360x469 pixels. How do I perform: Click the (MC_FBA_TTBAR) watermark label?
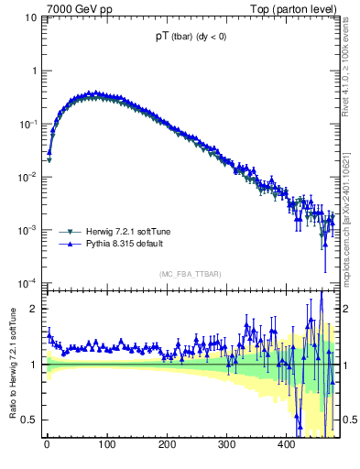[192, 275]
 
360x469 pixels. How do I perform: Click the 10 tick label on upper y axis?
[29, 17]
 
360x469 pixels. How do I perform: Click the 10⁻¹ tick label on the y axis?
[27, 124]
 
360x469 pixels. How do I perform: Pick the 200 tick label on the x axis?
[166, 446]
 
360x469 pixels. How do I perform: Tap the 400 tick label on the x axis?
[286, 446]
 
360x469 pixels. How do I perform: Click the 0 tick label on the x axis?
[47, 446]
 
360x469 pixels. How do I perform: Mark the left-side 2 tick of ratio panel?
[35, 309]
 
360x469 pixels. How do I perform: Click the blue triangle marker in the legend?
[69, 245]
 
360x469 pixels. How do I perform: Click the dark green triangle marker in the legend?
[69, 233]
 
